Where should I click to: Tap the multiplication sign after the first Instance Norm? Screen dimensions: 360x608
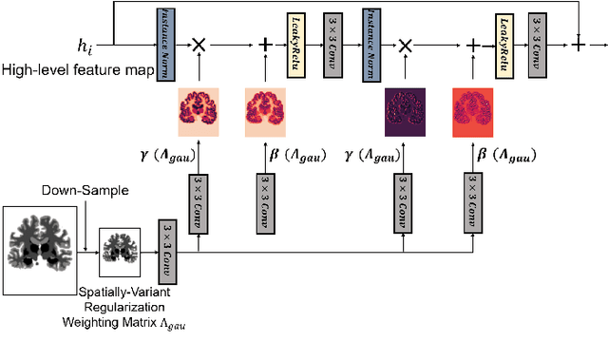pos(199,45)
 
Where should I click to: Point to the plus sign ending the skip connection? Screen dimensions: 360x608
pos(579,44)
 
